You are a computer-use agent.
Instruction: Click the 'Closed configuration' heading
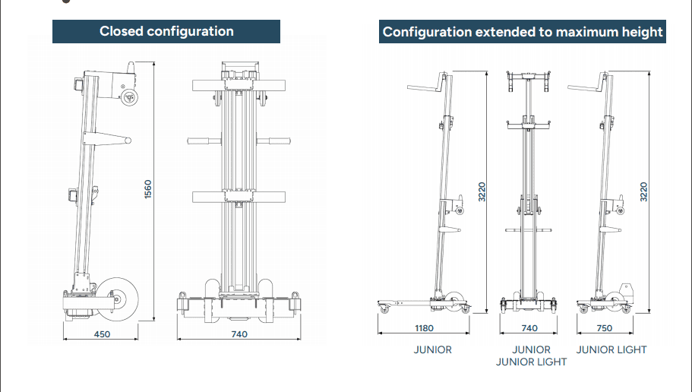[x=166, y=31]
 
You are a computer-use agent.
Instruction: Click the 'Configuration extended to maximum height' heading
[x=523, y=32]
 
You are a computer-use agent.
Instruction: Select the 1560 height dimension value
[x=148, y=190]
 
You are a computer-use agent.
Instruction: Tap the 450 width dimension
[x=102, y=334]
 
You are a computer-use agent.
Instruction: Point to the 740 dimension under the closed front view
[x=239, y=334]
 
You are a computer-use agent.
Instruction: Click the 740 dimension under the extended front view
[x=529, y=328]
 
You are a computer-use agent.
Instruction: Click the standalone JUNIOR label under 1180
[x=432, y=349]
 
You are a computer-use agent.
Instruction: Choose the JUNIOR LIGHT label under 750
[x=611, y=349]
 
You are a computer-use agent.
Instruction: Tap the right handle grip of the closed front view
[x=280, y=141]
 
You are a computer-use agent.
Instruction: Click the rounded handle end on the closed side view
[x=128, y=141]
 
